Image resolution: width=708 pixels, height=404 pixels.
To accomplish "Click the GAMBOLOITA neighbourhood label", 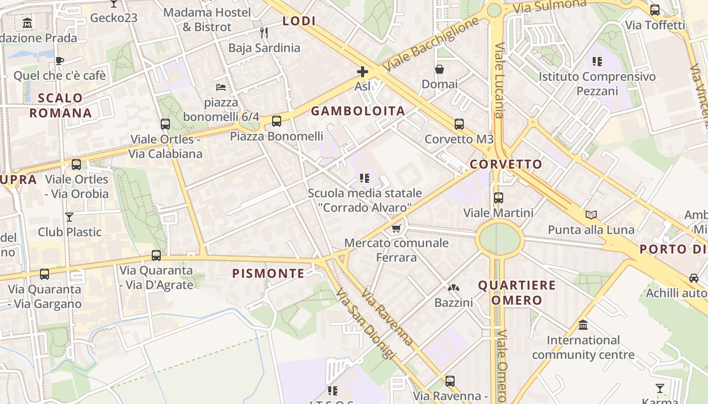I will (358, 111).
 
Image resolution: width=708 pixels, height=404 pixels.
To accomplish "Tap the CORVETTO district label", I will (506, 164).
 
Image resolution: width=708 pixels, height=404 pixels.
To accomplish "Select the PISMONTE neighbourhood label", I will (268, 274).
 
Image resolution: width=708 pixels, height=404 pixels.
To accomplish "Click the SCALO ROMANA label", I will (61, 105).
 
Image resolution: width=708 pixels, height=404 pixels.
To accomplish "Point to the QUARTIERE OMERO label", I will (517, 293).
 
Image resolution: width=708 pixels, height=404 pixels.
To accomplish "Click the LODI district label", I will (299, 21).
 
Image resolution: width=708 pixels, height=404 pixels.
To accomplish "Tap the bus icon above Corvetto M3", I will (459, 124).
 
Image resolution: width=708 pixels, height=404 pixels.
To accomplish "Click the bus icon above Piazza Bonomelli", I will (277, 121).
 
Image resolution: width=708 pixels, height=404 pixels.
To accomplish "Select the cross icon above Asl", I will (362, 72).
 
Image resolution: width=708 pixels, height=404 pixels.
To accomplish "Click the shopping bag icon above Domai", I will (439, 69).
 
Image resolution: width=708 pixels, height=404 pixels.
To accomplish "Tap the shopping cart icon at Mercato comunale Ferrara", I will (396, 229).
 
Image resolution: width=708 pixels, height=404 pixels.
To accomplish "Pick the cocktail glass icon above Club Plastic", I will (69, 217).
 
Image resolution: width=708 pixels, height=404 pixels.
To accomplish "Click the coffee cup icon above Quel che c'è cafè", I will (60, 61).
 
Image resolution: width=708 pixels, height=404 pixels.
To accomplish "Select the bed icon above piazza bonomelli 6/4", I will (221, 87).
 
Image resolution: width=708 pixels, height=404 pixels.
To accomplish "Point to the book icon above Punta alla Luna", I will (591, 215).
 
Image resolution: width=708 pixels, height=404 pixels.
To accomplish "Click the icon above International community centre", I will (583, 325).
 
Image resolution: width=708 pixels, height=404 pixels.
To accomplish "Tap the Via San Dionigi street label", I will (364, 323).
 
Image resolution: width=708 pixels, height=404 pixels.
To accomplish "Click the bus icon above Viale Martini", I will (499, 198).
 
